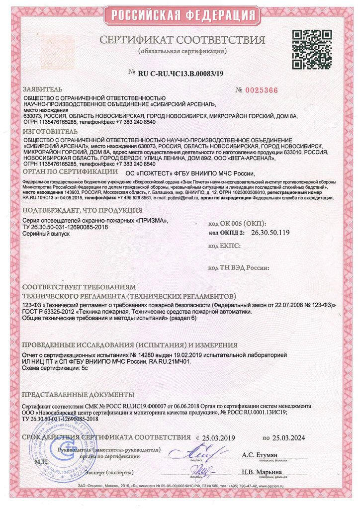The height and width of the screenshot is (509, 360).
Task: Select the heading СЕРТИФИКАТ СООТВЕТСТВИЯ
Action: click(182, 40)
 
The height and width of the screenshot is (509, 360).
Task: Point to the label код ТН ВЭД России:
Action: click(239, 267)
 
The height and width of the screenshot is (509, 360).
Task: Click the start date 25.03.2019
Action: click(218, 438)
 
